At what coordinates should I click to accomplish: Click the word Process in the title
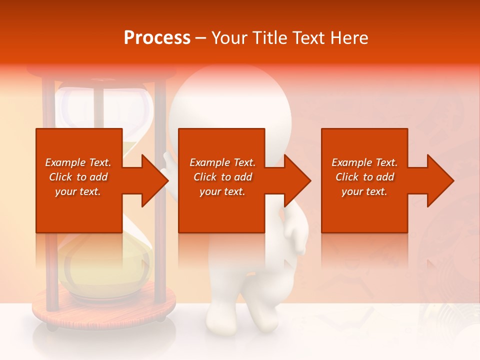pos(157,38)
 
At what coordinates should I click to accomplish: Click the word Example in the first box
pos(64,162)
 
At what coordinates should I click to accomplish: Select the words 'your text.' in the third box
pos(364,191)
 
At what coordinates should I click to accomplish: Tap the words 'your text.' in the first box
pos(77,191)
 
